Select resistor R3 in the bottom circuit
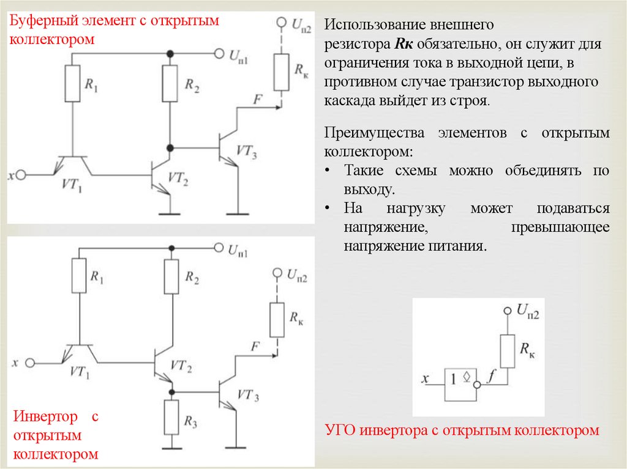(x=172, y=416)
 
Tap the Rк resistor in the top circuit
(x=282, y=70)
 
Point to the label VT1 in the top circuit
(x=72, y=183)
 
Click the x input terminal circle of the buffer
(x=21, y=174)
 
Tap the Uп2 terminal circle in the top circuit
(x=282, y=22)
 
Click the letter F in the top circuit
(x=256, y=99)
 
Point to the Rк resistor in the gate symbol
(x=506, y=351)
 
